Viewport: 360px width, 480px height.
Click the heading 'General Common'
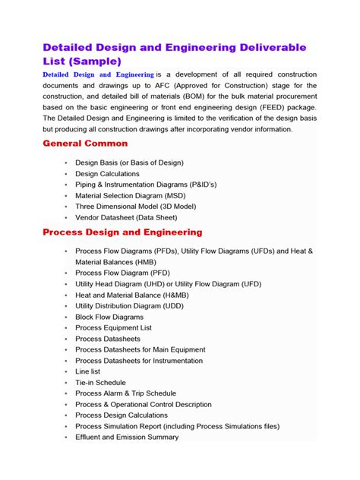(85, 144)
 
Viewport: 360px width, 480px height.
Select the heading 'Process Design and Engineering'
(122, 232)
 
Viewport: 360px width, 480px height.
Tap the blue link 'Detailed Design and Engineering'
(98, 74)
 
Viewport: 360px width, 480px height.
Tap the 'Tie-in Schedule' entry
(100, 383)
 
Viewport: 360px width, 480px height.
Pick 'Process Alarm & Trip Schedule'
(125, 393)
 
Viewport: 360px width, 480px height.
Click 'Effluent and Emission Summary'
(127, 437)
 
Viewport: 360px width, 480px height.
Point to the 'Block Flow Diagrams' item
(109, 317)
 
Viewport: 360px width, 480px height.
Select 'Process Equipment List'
(113, 327)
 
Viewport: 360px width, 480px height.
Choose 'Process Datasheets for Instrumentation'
(139, 361)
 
